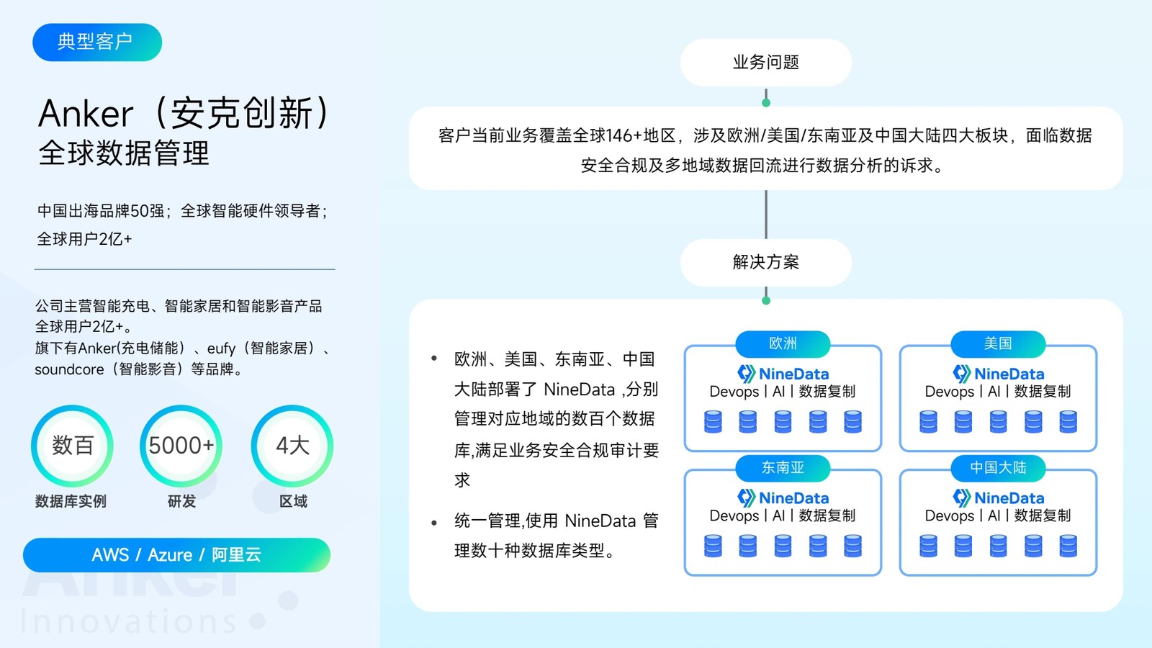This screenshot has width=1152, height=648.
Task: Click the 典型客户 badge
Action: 97,42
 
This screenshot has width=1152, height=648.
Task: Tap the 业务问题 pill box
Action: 766,62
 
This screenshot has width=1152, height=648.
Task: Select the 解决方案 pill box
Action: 766,262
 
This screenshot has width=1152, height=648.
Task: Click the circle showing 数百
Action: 73,446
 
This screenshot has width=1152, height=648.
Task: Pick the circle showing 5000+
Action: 181,446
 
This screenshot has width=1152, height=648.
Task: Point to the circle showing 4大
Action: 292,446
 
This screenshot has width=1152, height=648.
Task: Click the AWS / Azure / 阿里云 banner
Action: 176,555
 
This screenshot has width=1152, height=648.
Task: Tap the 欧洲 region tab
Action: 783,343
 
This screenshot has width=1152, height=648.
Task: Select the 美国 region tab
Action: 998,343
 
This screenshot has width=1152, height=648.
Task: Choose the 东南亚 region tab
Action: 783,467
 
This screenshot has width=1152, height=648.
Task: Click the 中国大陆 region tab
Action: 998,467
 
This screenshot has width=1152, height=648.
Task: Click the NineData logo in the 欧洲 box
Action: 783,374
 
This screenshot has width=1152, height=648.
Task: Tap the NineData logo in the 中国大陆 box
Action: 998,498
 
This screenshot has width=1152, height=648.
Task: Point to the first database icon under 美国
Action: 928,422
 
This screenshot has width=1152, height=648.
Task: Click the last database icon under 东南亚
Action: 852,546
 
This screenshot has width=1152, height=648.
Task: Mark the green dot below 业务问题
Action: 766,103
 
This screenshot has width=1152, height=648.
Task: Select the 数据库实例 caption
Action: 71,501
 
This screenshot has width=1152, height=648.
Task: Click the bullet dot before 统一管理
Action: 434,523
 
